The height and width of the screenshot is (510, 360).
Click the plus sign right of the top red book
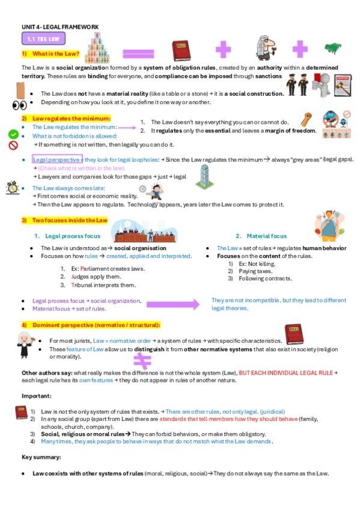[224, 50]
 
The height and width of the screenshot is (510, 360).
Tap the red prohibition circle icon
[13, 145]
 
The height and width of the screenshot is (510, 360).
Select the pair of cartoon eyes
[19, 105]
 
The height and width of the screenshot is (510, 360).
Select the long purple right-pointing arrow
[172, 304]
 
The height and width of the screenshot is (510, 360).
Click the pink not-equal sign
[142, 360]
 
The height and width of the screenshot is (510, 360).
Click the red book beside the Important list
[20, 412]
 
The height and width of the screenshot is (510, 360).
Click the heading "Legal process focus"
[68, 236]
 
